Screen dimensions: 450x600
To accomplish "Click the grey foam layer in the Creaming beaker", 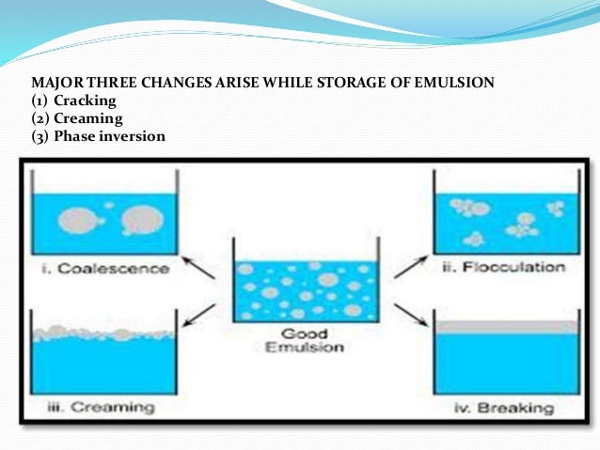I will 101,330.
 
